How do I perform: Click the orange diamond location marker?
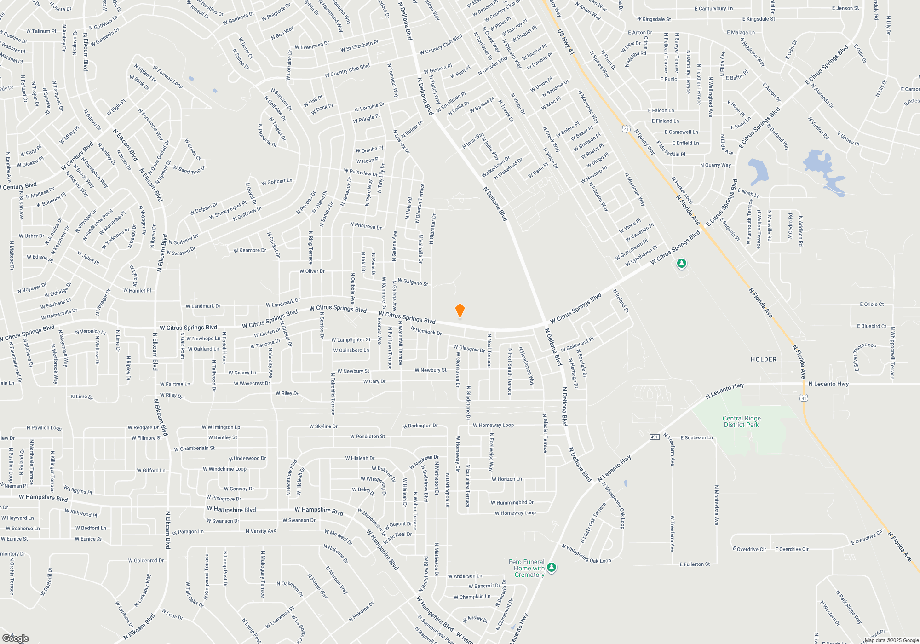460,310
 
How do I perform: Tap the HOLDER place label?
764,359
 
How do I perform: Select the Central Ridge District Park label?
742,421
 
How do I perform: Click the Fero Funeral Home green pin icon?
552,567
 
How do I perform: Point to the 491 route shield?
654,437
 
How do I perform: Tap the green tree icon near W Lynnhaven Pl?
682,264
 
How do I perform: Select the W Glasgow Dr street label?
469,349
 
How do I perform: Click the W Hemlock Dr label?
426,331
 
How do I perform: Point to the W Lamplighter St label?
351,340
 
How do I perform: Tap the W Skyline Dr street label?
323,426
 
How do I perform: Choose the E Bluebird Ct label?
871,326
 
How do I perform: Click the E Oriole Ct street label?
872,304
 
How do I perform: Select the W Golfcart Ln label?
277,182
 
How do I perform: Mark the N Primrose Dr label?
366,226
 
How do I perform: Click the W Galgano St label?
413,282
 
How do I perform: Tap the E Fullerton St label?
695,564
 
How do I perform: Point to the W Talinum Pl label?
41,31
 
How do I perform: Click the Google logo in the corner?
15,638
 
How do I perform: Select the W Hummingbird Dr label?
512,503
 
